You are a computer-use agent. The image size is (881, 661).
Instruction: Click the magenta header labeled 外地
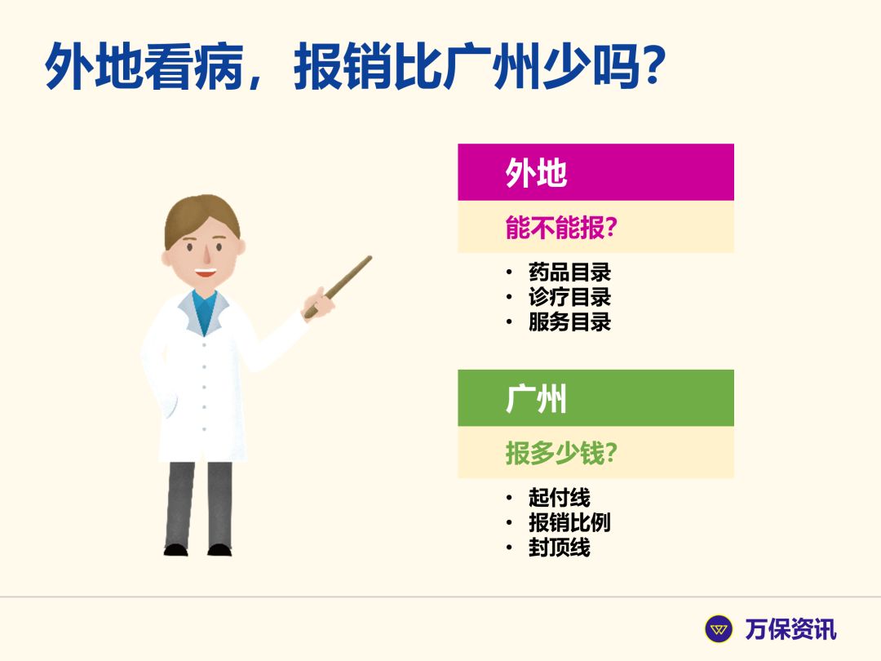(595, 172)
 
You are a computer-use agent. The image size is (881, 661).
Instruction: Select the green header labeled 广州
(595, 398)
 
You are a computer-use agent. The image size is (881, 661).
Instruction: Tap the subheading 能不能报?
(561, 228)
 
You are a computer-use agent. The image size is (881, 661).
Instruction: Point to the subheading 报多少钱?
(561, 453)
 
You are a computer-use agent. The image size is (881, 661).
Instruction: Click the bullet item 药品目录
(569, 272)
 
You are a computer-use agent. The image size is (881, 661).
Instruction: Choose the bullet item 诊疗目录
(569, 297)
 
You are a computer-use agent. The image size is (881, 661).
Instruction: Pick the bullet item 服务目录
(569, 322)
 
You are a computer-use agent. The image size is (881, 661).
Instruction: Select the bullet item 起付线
(559, 497)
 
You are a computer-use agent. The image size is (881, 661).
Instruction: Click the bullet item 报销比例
(569, 522)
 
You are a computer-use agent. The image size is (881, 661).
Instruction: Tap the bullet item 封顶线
(559, 547)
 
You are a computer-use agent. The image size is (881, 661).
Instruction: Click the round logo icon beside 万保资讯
(719, 629)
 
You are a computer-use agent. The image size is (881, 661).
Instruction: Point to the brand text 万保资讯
(790, 629)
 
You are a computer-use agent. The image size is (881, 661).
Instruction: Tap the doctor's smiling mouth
(205, 273)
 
